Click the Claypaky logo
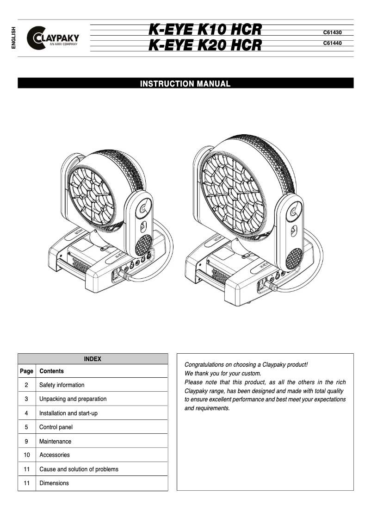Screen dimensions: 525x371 point(53,37)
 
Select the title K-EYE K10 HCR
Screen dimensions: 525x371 point(205,30)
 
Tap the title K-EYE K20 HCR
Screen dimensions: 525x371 point(205,45)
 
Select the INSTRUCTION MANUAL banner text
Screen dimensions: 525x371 point(185,84)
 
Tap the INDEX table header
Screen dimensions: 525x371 point(93,359)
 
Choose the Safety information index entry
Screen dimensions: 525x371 point(62,385)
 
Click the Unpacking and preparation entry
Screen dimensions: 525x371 point(73,399)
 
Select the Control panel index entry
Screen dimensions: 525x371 point(56,427)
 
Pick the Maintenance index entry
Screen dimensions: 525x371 point(55,442)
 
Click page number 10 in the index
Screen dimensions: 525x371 point(26,455)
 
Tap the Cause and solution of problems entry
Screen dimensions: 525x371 point(79,469)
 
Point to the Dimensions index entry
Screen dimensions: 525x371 point(54,483)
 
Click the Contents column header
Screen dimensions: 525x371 point(51,371)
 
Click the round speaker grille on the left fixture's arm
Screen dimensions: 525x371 point(143,245)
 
